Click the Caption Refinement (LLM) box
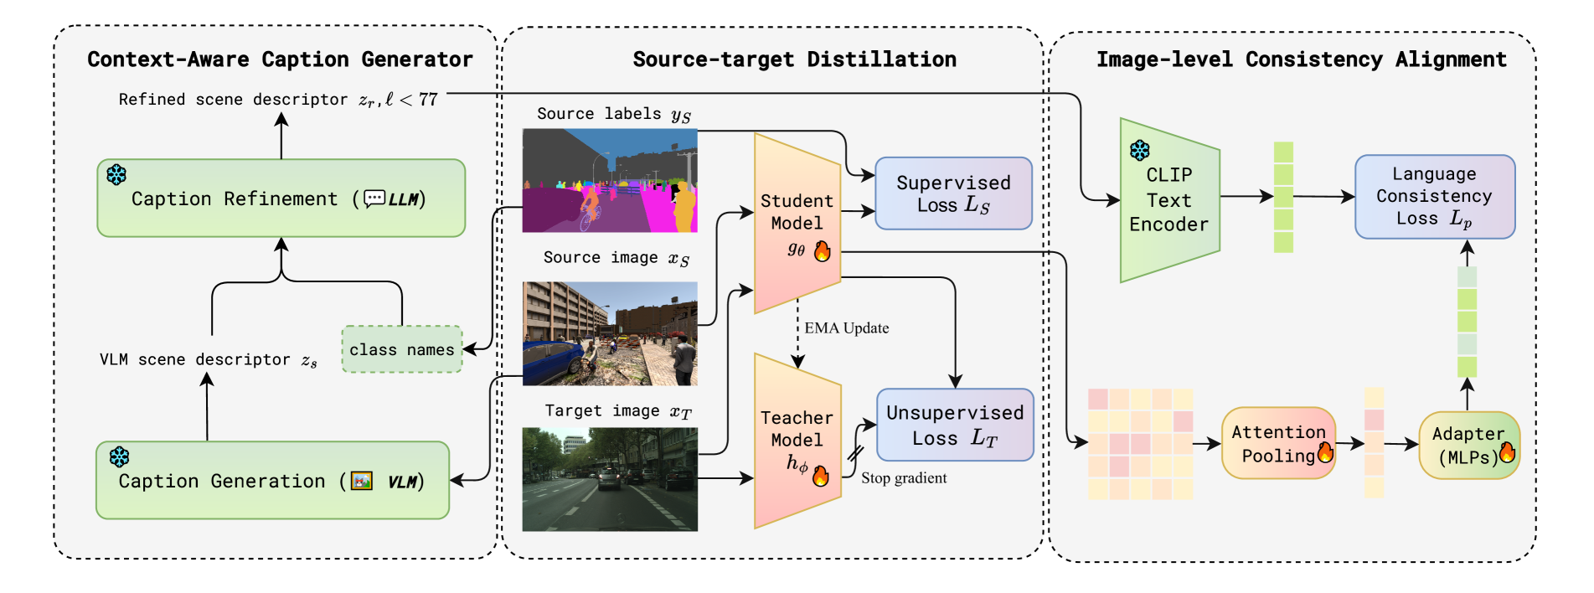(281, 199)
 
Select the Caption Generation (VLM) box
(272, 481)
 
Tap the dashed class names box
(402, 349)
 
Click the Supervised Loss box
(953, 193)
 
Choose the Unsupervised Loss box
(955, 425)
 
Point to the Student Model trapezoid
(797, 223)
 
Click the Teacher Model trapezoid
(797, 441)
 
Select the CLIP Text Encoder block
(1169, 200)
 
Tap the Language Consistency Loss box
(1434, 196)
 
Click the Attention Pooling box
(1278, 444)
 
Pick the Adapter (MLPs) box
(1468, 446)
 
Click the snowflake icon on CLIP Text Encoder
(1140, 151)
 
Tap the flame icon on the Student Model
(823, 250)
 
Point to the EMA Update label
(847, 328)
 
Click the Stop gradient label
(904, 478)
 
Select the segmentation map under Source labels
(610, 180)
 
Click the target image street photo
(610, 479)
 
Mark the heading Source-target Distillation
(794, 59)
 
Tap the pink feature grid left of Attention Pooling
(1140, 444)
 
